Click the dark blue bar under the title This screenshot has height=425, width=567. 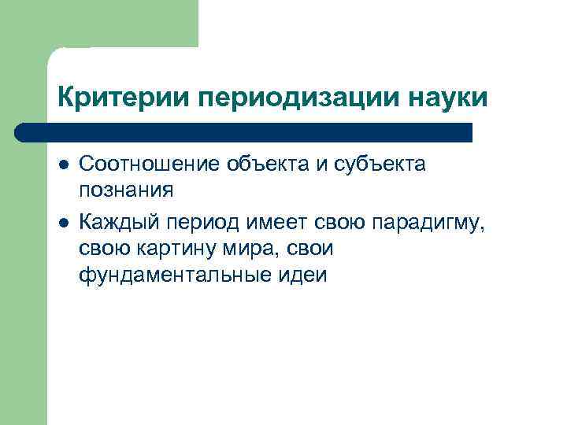tap(244, 132)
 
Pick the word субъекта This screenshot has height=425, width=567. tap(386, 166)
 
